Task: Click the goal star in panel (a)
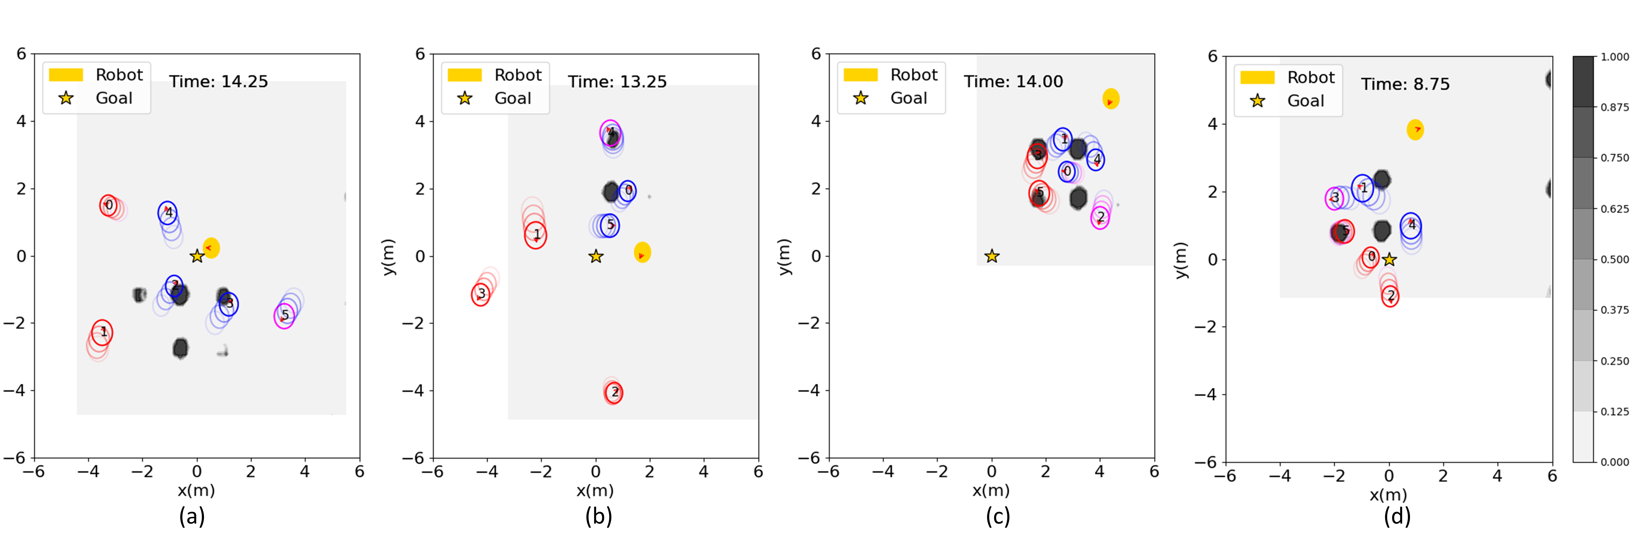[x=197, y=256]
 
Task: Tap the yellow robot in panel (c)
[x=1111, y=99]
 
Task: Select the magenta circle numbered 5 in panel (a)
[x=284, y=315]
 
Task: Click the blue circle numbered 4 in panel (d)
[x=1410, y=225]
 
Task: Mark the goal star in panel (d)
[x=1389, y=260]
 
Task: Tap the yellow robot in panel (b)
[x=642, y=252]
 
